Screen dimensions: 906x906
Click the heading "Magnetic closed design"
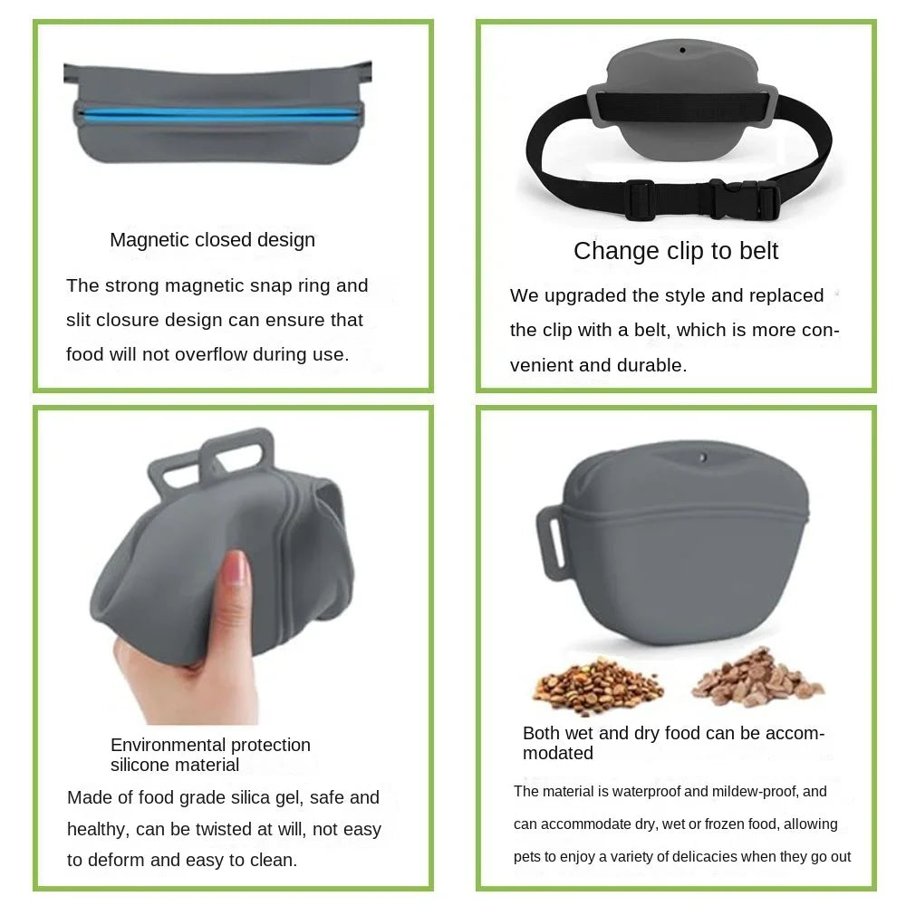tap(212, 240)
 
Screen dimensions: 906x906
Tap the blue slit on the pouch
tap(217, 114)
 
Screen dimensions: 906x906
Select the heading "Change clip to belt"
tap(676, 251)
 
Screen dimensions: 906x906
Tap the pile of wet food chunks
tap(757, 679)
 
